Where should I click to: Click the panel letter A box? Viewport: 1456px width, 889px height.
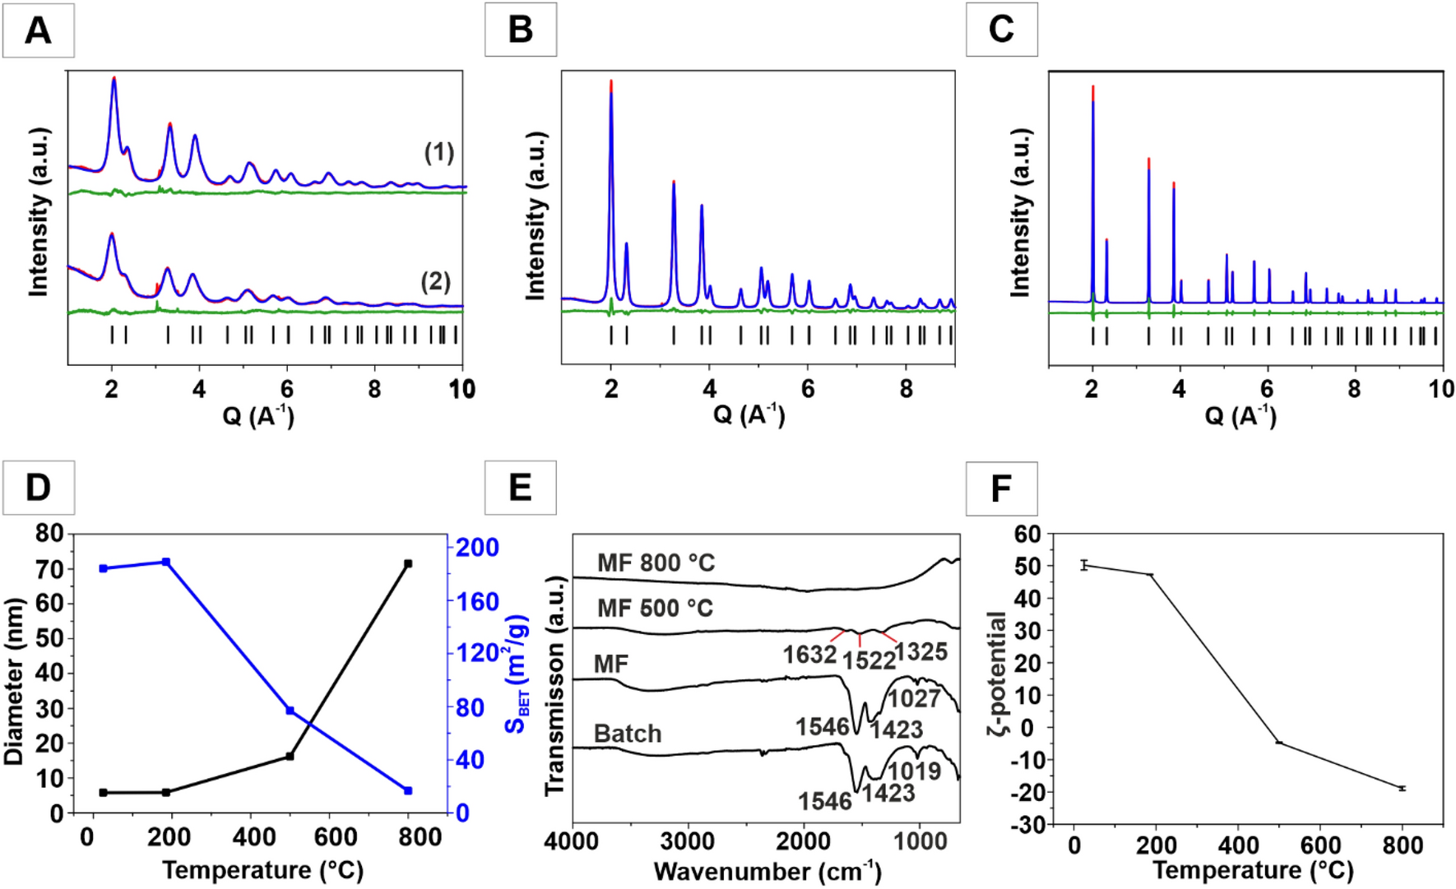click(x=38, y=30)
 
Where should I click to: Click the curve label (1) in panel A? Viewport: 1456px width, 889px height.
click(x=438, y=152)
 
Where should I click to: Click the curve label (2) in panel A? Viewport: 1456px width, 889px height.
click(x=435, y=281)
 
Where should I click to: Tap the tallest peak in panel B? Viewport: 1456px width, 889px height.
click(x=611, y=83)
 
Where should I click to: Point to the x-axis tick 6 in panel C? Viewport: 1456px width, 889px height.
click(x=1267, y=389)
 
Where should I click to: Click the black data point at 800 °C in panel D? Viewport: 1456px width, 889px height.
click(x=408, y=564)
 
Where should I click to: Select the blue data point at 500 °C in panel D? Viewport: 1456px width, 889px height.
click(x=290, y=711)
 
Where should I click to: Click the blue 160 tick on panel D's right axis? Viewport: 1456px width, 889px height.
click(x=478, y=602)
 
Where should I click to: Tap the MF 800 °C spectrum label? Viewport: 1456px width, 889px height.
click(x=656, y=563)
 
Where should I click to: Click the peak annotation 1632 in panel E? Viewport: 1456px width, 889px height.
click(x=809, y=655)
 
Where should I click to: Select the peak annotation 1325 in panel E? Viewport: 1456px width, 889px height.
click(x=920, y=652)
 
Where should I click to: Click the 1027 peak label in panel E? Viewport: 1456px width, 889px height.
click(x=914, y=699)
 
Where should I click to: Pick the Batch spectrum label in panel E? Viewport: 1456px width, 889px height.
click(x=628, y=734)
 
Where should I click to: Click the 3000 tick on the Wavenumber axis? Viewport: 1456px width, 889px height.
click(x=688, y=841)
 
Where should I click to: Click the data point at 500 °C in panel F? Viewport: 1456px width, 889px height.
click(x=1279, y=743)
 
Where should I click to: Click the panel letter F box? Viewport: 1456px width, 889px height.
click(x=1001, y=488)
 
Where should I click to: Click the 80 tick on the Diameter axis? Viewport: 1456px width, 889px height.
click(x=49, y=534)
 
